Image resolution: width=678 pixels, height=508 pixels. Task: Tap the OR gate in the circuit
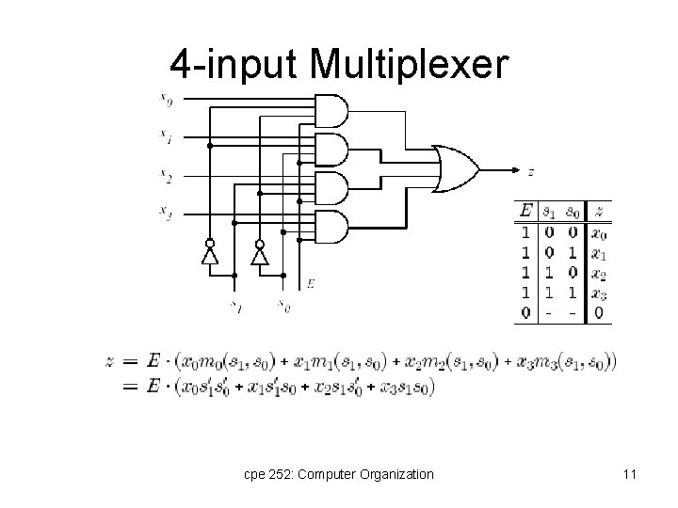coord(453,169)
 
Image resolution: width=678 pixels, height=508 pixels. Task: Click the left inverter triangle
coord(210,255)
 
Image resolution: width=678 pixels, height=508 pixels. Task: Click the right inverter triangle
coord(260,255)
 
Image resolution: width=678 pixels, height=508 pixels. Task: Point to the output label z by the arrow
coord(531,172)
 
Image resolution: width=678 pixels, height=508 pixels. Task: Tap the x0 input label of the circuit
coord(166,99)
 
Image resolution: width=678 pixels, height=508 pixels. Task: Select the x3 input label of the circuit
coord(166,215)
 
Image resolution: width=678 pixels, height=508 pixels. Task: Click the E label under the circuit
coord(311,283)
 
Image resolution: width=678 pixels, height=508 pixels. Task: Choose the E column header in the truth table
coord(525,211)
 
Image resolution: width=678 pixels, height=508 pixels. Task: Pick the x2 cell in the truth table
coord(599,274)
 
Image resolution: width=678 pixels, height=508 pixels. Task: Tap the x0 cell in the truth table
coord(599,232)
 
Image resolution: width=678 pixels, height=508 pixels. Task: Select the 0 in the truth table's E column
coord(525,313)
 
